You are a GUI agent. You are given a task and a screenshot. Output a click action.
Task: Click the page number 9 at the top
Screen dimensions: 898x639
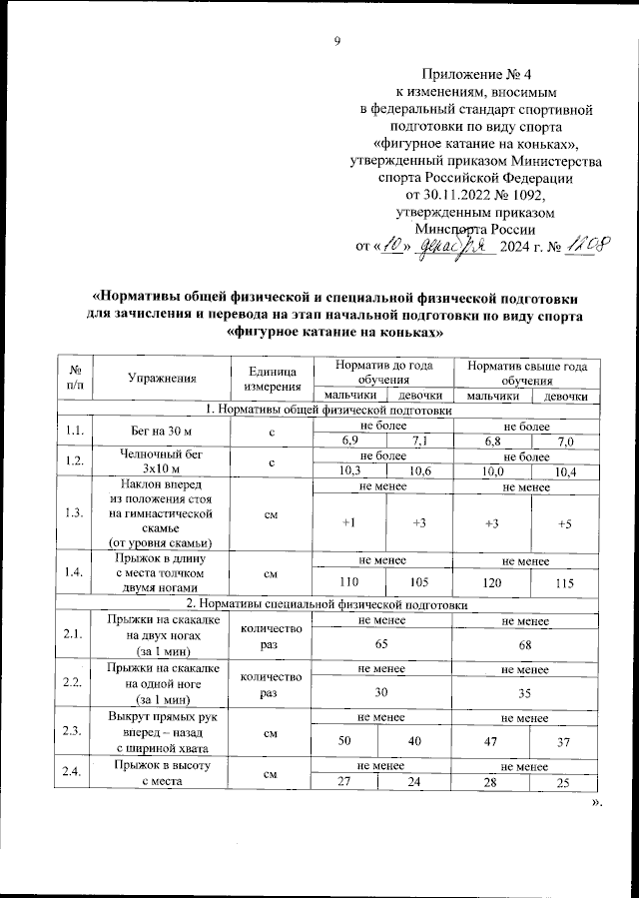click(x=337, y=41)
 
